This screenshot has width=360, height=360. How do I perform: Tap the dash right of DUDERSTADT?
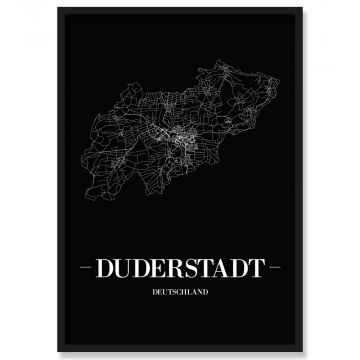point(271,269)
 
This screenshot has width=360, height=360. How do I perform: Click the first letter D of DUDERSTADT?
point(111,270)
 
